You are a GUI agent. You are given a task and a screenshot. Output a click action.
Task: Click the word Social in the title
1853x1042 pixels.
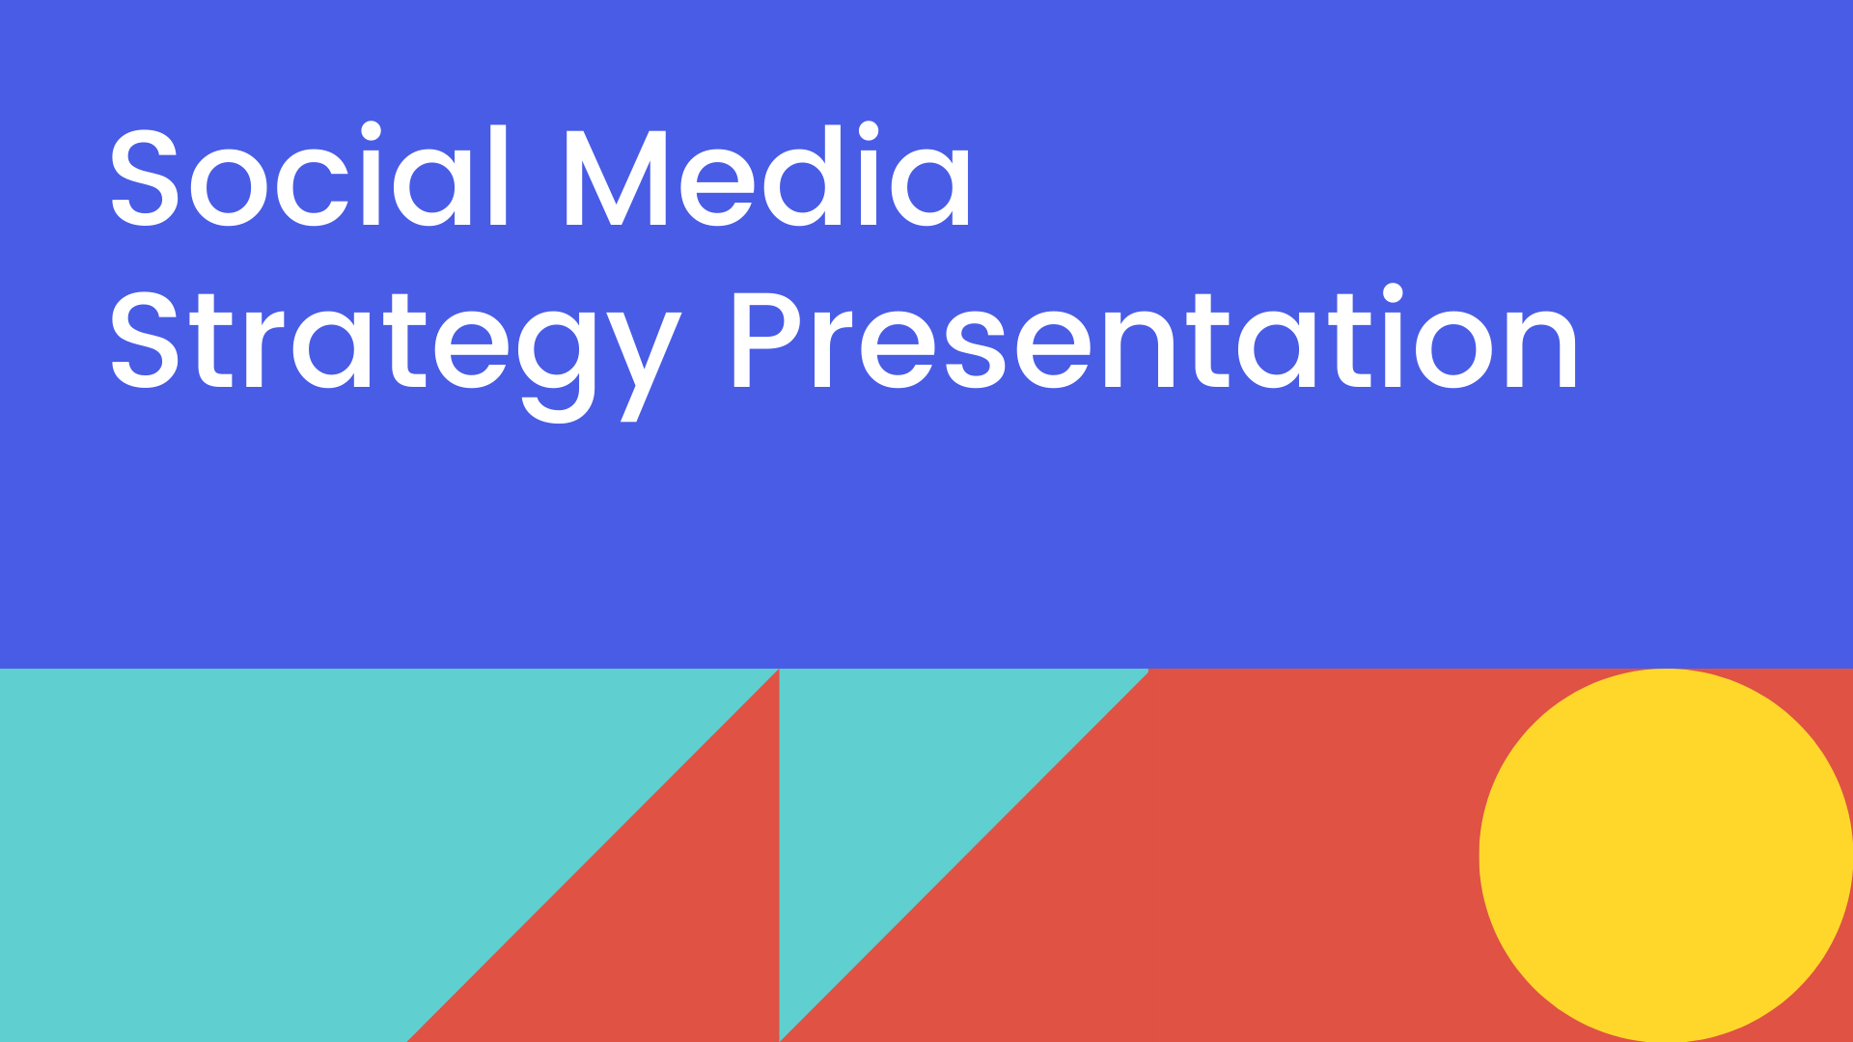[x=309, y=177]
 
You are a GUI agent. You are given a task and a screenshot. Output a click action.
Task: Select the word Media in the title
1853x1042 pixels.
[x=767, y=177]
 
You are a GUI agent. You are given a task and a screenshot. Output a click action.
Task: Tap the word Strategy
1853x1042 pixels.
[x=396, y=353]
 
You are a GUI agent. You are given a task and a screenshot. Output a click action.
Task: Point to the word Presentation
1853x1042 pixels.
[x=1154, y=338]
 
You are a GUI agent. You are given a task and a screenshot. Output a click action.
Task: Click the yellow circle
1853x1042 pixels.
[x=1666, y=855]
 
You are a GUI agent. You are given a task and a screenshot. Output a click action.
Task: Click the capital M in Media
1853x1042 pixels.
[x=616, y=178]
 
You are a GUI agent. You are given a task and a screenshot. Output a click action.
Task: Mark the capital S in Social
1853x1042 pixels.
[x=145, y=178]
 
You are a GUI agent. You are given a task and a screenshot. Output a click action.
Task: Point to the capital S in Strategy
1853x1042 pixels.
[x=145, y=341]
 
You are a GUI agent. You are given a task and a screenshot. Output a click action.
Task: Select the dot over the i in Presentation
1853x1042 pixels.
[x=1393, y=294]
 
